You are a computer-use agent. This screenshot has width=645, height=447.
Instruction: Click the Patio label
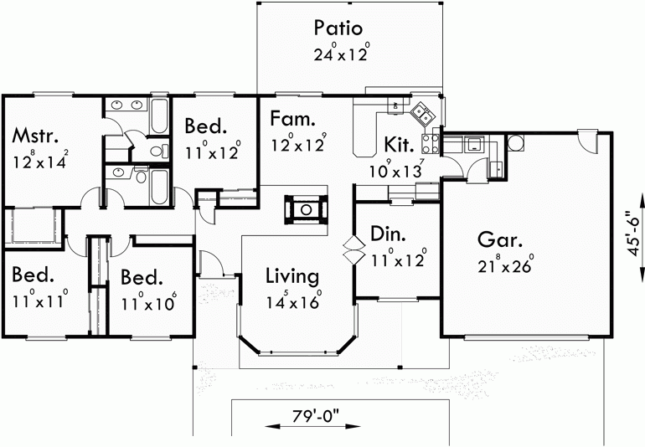point(338,28)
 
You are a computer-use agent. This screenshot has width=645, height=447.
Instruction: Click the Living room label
point(292,276)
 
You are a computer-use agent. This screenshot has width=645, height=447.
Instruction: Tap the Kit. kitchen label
point(399,144)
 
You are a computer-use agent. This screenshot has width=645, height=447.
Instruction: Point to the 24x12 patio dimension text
point(338,56)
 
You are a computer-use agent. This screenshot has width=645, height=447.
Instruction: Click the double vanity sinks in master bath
point(126,105)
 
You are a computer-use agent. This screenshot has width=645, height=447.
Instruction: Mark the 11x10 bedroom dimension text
point(147,302)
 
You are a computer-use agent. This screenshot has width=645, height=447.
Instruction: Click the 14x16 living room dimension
point(293,303)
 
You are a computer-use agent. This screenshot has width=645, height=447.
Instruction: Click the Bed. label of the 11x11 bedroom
point(34,275)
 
